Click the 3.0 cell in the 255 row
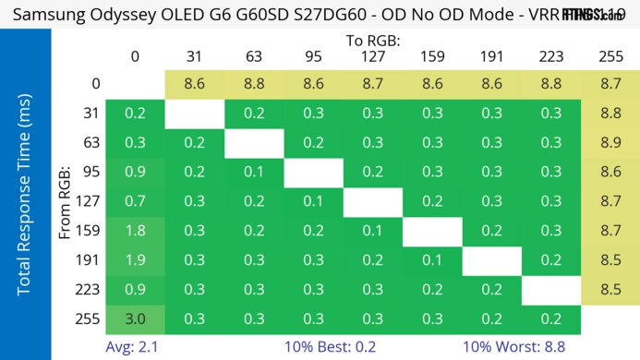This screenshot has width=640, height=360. [136, 319]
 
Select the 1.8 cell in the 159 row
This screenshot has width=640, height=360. [136, 231]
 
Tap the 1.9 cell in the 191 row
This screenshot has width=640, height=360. [136, 260]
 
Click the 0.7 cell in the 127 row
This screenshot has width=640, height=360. [136, 201]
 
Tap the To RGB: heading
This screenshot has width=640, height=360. [373, 41]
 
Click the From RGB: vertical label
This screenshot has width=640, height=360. [66, 201]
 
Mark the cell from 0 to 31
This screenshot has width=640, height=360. [195, 83]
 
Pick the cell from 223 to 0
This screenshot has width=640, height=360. [136, 290]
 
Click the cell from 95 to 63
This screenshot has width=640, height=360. [254, 172]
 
